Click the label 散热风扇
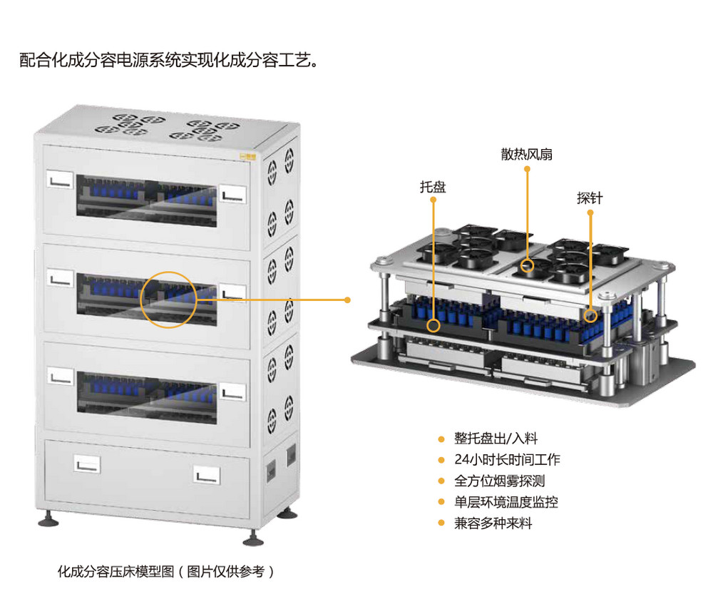coord(527,155)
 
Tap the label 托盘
coord(433,187)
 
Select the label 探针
coord(590,198)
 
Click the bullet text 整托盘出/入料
coord(496,439)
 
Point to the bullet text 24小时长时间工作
coord(507,460)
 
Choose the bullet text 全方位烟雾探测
coord(499,481)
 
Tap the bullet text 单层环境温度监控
coord(506,502)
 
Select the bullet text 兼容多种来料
coord(493,523)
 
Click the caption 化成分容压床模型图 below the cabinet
coord(116,571)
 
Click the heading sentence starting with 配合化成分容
coord(169,60)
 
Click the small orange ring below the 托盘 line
coord(434,325)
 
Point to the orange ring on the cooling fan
coord(527,265)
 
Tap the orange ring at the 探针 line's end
coord(590,316)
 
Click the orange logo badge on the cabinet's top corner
coord(248,158)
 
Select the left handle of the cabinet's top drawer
coord(60,180)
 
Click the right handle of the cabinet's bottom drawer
coord(207,475)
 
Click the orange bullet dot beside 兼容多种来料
coord(441,523)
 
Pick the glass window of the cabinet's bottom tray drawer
coord(146,398)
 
